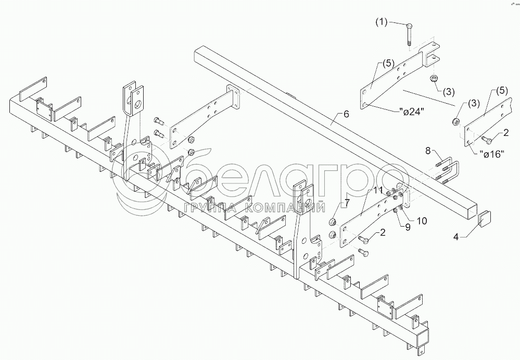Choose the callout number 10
tap(421, 221)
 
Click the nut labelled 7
tap(331, 222)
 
